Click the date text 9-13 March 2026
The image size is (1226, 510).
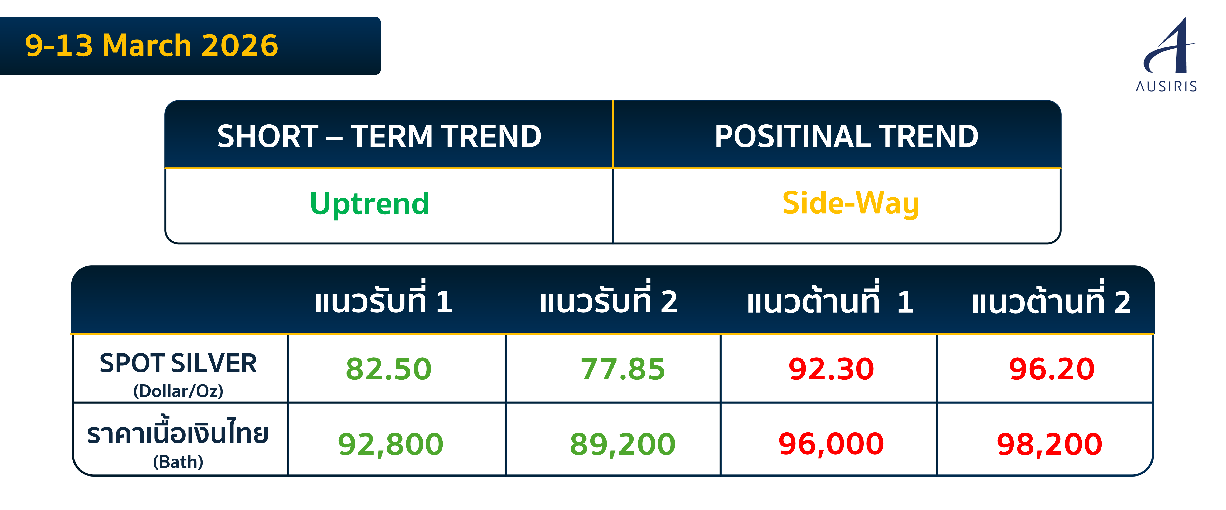point(151,46)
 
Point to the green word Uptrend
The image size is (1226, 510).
point(369,204)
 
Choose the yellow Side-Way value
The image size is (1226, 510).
point(850,204)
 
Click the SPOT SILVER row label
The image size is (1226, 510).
point(179,364)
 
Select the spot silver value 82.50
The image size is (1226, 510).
point(388,369)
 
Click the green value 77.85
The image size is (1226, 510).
point(623,369)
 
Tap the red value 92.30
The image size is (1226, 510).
point(831,369)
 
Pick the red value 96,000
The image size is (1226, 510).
point(831,444)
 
